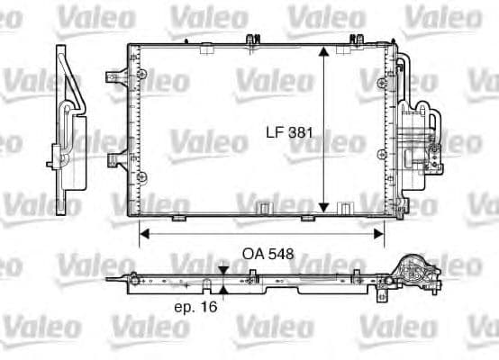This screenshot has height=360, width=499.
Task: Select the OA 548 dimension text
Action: point(268,254)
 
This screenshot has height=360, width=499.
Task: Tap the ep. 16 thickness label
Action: point(195,306)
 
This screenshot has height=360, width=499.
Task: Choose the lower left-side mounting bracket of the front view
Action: point(115,160)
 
